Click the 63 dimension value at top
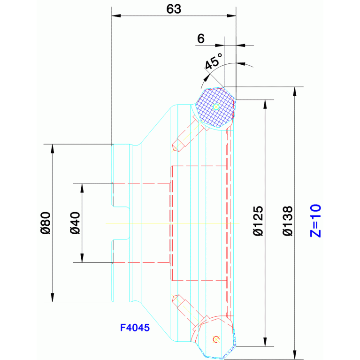point(174,9)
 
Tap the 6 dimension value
point(201,38)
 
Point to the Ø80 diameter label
point(46,223)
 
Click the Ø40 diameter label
point(75,223)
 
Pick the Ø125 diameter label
point(258,221)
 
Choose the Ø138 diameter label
point(288,221)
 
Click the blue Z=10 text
point(315,221)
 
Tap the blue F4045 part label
point(135,328)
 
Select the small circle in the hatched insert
point(216,107)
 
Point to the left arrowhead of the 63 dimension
point(116,16)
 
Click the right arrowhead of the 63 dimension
point(231,16)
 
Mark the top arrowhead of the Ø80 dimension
point(53,149)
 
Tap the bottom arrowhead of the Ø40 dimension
point(82,258)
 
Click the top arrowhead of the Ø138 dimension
point(295,92)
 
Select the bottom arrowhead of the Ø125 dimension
point(265,342)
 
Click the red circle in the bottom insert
point(216,339)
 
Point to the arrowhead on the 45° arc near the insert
point(207,78)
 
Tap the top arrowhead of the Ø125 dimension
point(265,104)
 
